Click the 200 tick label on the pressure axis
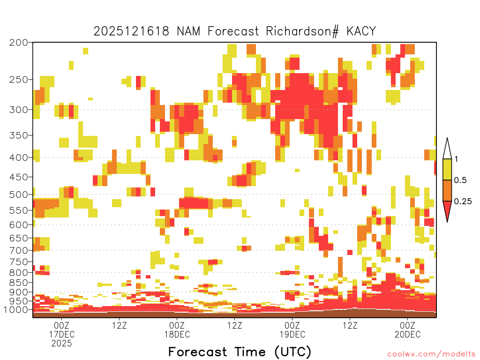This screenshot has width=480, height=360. (x=18, y=42)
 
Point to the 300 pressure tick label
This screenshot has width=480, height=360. (x=18, y=110)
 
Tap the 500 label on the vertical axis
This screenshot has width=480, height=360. (x=18, y=195)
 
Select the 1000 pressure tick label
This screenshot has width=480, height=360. (x=15, y=309)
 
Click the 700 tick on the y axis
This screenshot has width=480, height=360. (x=18, y=250)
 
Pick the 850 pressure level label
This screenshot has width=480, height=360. (x=18, y=283)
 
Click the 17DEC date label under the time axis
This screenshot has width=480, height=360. (x=62, y=334)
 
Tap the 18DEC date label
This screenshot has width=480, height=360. (x=177, y=334)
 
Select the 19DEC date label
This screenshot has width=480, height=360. (x=292, y=334)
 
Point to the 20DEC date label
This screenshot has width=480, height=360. (x=407, y=334)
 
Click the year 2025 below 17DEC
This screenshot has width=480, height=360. (x=61, y=344)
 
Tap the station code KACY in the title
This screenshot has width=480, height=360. (x=361, y=31)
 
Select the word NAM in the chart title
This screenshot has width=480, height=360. (x=188, y=31)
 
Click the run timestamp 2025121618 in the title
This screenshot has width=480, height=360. (x=131, y=31)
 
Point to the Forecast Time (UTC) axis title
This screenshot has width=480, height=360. (x=240, y=352)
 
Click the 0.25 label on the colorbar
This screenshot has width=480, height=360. (x=463, y=201)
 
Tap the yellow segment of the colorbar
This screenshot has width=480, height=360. (x=447, y=169)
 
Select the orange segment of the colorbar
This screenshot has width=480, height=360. (x=447, y=190)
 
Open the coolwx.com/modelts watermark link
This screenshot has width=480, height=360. (x=431, y=354)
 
